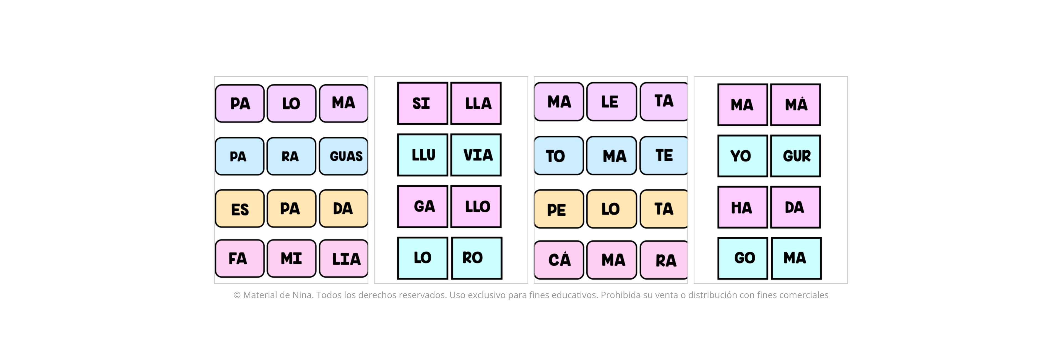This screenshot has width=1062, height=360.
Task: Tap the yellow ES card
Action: click(240, 209)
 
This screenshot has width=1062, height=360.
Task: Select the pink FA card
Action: click(240, 259)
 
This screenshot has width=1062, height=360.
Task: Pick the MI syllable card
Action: click(291, 259)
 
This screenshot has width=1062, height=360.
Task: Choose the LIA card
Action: click(343, 259)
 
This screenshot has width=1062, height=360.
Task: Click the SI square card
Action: click(423, 103)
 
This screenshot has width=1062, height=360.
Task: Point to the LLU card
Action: click(423, 155)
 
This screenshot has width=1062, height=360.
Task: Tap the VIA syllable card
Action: click(476, 155)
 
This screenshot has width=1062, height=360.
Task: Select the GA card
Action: click(423, 207)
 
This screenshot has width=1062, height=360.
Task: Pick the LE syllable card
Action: click(611, 102)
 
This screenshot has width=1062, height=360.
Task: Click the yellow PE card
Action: click(559, 209)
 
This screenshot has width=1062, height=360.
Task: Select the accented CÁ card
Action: click(559, 260)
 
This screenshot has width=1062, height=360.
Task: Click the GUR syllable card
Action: click(796, 156)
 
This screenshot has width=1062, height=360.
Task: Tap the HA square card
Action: click(743, 207)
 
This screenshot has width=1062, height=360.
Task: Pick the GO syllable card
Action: click(743, 258)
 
